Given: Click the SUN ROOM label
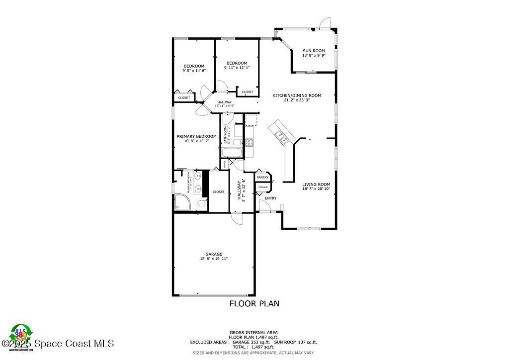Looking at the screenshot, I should click(x=314, y=51).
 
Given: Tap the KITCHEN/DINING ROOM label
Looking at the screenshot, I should click(x=296, y=95).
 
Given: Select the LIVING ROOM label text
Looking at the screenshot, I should click(x=316, y=184).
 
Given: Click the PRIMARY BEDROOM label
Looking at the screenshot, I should click(x=196, y=136).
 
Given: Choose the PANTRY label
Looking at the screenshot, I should click(x=262, y=178).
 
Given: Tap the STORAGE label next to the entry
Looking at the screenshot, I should click(x=262, y=187).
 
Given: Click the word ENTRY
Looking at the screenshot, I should click(x=270, y=198).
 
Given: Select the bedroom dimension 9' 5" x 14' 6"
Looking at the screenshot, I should click(x=194, y=71).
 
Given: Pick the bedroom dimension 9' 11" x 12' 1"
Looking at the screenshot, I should click(x=237, y=68).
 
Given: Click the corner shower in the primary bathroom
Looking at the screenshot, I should click(x=181, y=202).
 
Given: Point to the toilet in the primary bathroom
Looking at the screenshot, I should click(x=201, y=204).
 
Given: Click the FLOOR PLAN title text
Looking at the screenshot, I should click(x=254, y=303).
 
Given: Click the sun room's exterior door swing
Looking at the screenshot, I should click(x=325, y=22).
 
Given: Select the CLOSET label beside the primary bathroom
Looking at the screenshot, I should click(x=219, y=191).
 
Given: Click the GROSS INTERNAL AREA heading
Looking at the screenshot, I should click(x=254, y=332).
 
